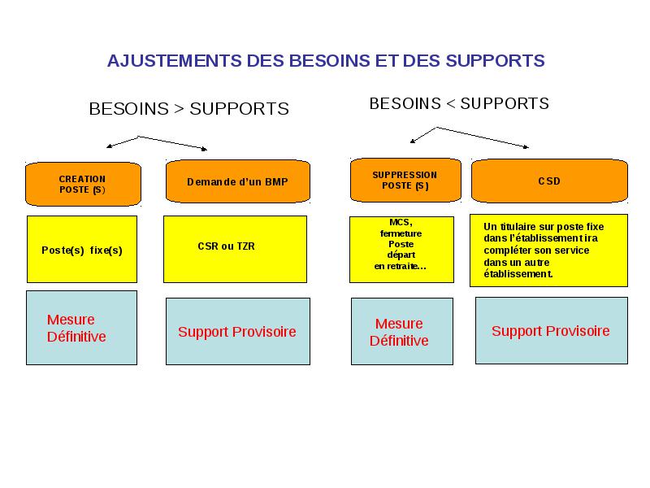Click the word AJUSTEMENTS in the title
[x=175, y=61]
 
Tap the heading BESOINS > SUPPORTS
[x=189, y=109]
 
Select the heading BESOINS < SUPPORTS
[x=459, y=104]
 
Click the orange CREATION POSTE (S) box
[x=84, y=185]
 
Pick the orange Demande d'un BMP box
[x=238, y=181]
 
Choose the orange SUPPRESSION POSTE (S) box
[x=405, y=181]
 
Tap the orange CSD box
[x=550, y=181]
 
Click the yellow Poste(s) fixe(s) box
[x=82, y=249]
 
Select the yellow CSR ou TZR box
[x=235, y=249]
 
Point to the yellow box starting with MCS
[x=401, y=250]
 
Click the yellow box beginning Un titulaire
[x=549, y=251]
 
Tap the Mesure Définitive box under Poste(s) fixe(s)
[x=82, y=328]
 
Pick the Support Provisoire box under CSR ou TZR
[x=238, y=332]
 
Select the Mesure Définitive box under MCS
[x=402, y=332]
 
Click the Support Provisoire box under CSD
[x=552, y=331]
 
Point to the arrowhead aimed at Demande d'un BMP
[x=205, y=149]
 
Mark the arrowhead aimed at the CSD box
[x=526, y=146]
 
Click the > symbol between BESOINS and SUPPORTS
[x=179, y=109]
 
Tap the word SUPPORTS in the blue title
[x=495, y=61]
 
